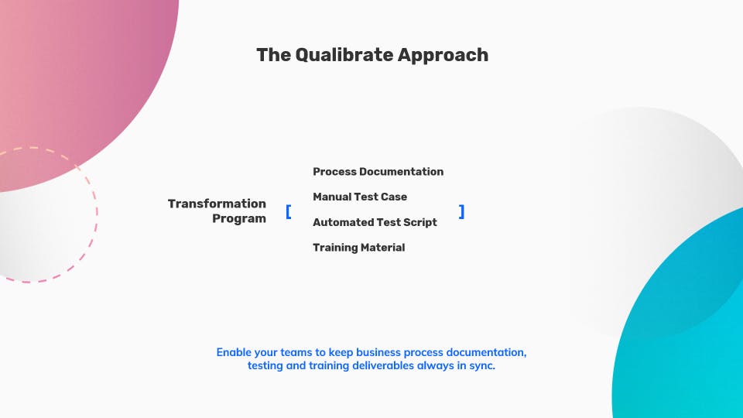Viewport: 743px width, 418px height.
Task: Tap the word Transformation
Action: (x=217, y=204)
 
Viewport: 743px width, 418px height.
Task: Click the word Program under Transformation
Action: (x=239, y=218)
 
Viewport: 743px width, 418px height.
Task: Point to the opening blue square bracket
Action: (x=289, y=211)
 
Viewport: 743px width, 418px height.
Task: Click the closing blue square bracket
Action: (x=462, y=211)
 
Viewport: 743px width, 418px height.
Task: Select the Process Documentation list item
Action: (x=378, y=171)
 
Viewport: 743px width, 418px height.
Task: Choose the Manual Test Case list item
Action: (x=360, y=197)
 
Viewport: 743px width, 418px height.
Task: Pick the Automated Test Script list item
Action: (x=375, y=222)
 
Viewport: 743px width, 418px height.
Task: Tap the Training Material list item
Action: (x=358, y=248)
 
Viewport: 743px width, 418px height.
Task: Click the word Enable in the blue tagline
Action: (x=235, y=352)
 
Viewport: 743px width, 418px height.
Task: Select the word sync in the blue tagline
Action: (x=482, y=366)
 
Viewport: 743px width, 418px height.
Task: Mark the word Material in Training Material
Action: (x=382, y=248)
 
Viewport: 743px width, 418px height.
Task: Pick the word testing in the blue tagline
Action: (x=265, y=366)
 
